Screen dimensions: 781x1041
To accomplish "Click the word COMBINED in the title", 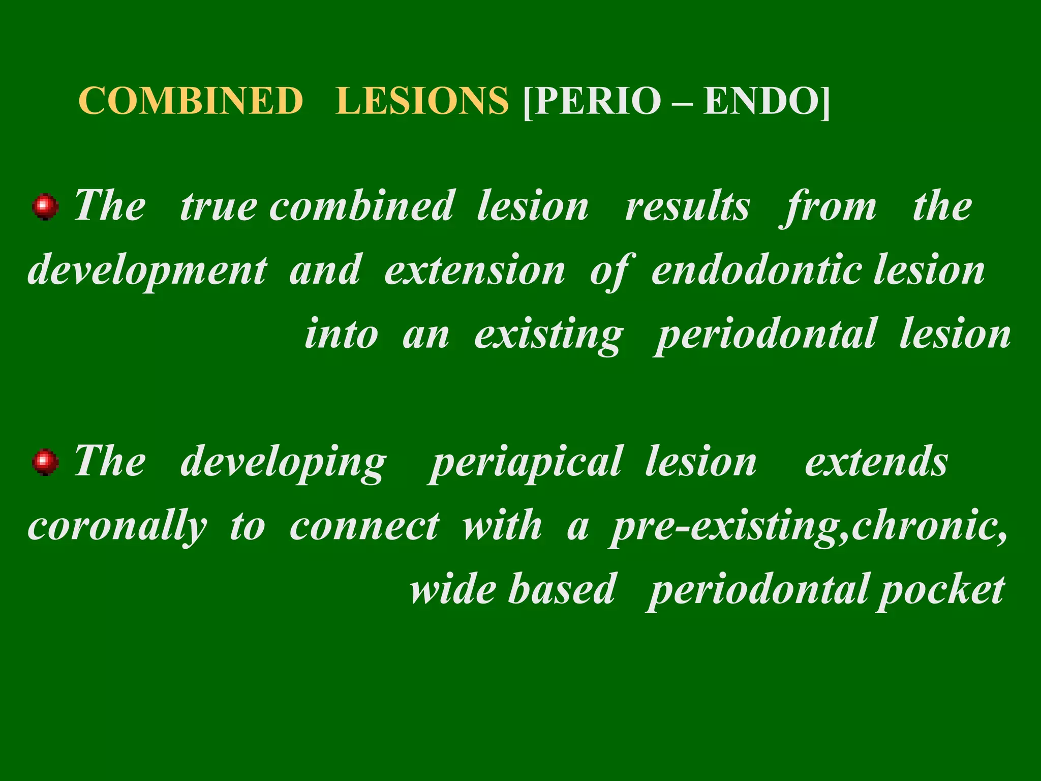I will [x=191, y=101].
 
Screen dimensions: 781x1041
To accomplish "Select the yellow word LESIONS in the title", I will [x=421, y=101].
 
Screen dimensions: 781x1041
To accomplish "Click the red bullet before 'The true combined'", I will [x=45, y=206].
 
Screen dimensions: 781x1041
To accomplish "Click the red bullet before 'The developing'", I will [x=45, y=462].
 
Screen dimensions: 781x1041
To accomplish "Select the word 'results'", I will [x=687, y=206].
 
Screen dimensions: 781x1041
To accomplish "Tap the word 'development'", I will [x=147, y=271].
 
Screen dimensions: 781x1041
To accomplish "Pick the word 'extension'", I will [x=475, y=271].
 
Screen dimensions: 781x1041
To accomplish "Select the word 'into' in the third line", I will [x=341, y=335].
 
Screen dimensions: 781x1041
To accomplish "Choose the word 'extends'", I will [x=876, y=462].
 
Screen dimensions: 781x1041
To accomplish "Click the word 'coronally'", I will [x=117, y=527].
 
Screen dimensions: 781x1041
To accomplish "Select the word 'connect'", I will [x=364, y=526].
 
